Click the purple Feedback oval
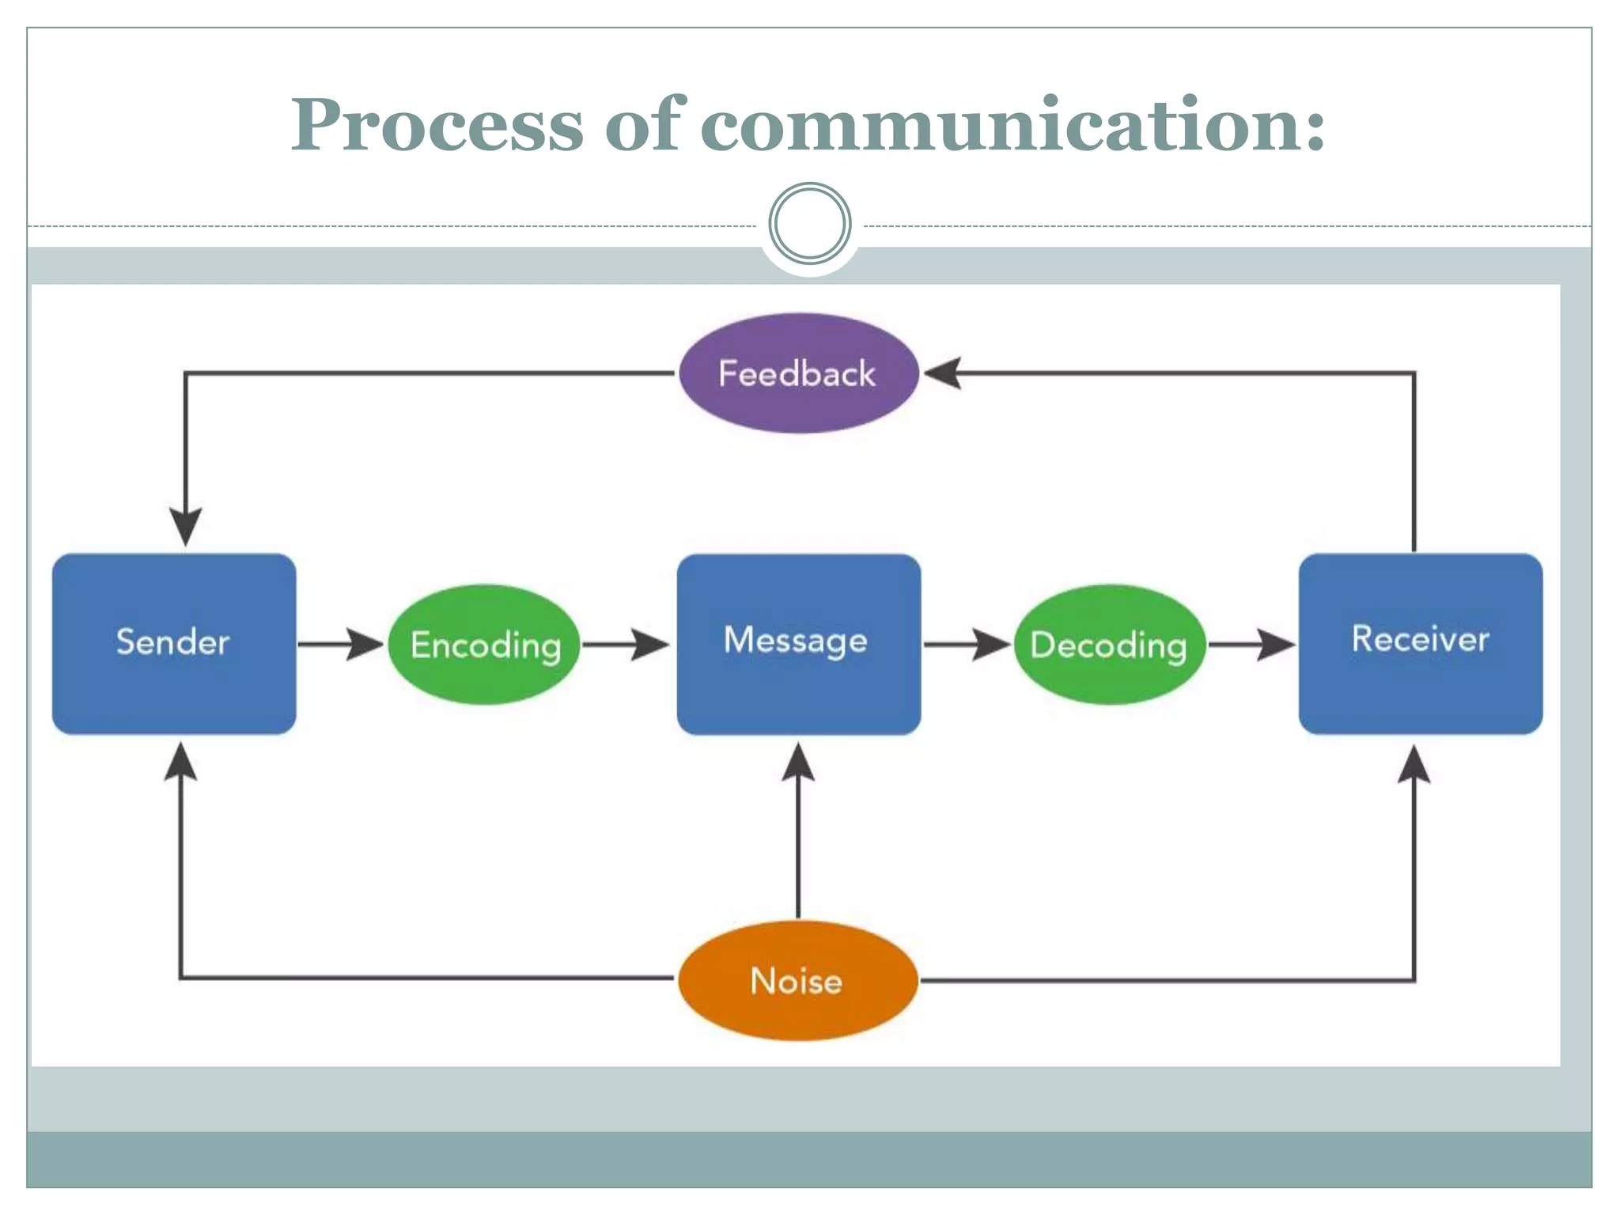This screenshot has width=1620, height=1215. (x=798, y=373)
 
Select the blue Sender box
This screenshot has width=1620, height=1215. (x=174, y=643)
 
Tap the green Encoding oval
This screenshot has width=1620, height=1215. (x=485, y=645)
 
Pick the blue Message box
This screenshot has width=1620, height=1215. (x=798, y=643)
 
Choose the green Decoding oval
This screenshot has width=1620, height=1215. (x=1109, y=645)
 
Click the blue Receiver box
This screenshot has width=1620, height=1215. (x=1420, y=643)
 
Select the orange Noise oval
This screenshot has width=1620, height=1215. (x=798, y=981)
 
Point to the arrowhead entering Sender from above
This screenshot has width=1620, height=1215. (x=185, y=526)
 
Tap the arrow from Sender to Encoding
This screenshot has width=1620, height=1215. (x=340, y=645)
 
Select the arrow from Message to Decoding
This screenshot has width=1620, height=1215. (x=967, y=645)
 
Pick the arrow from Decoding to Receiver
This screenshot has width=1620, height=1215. (x=1251, y=645)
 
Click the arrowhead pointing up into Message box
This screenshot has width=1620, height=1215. (x=798, y=762)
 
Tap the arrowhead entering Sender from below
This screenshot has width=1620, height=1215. (x=181, y=762)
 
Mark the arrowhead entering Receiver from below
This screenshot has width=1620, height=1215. (x=1414, y=763)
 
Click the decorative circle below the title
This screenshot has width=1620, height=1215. (x=810, y=224)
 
